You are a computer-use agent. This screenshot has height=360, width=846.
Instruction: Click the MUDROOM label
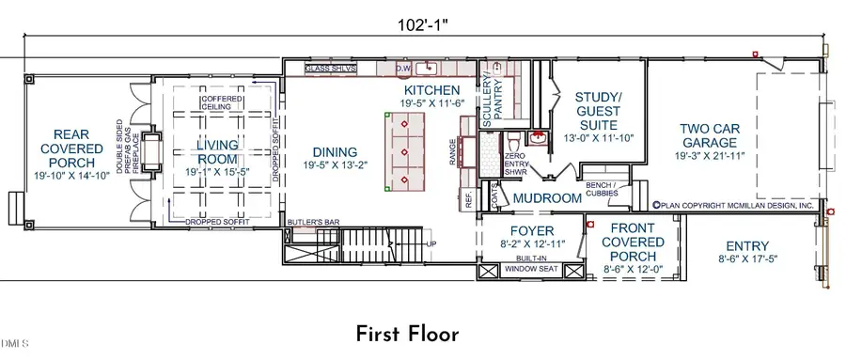click(547, 198)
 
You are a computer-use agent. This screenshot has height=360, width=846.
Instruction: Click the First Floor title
click(407, 334)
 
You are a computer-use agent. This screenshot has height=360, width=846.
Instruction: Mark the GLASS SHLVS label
click(333, 70)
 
